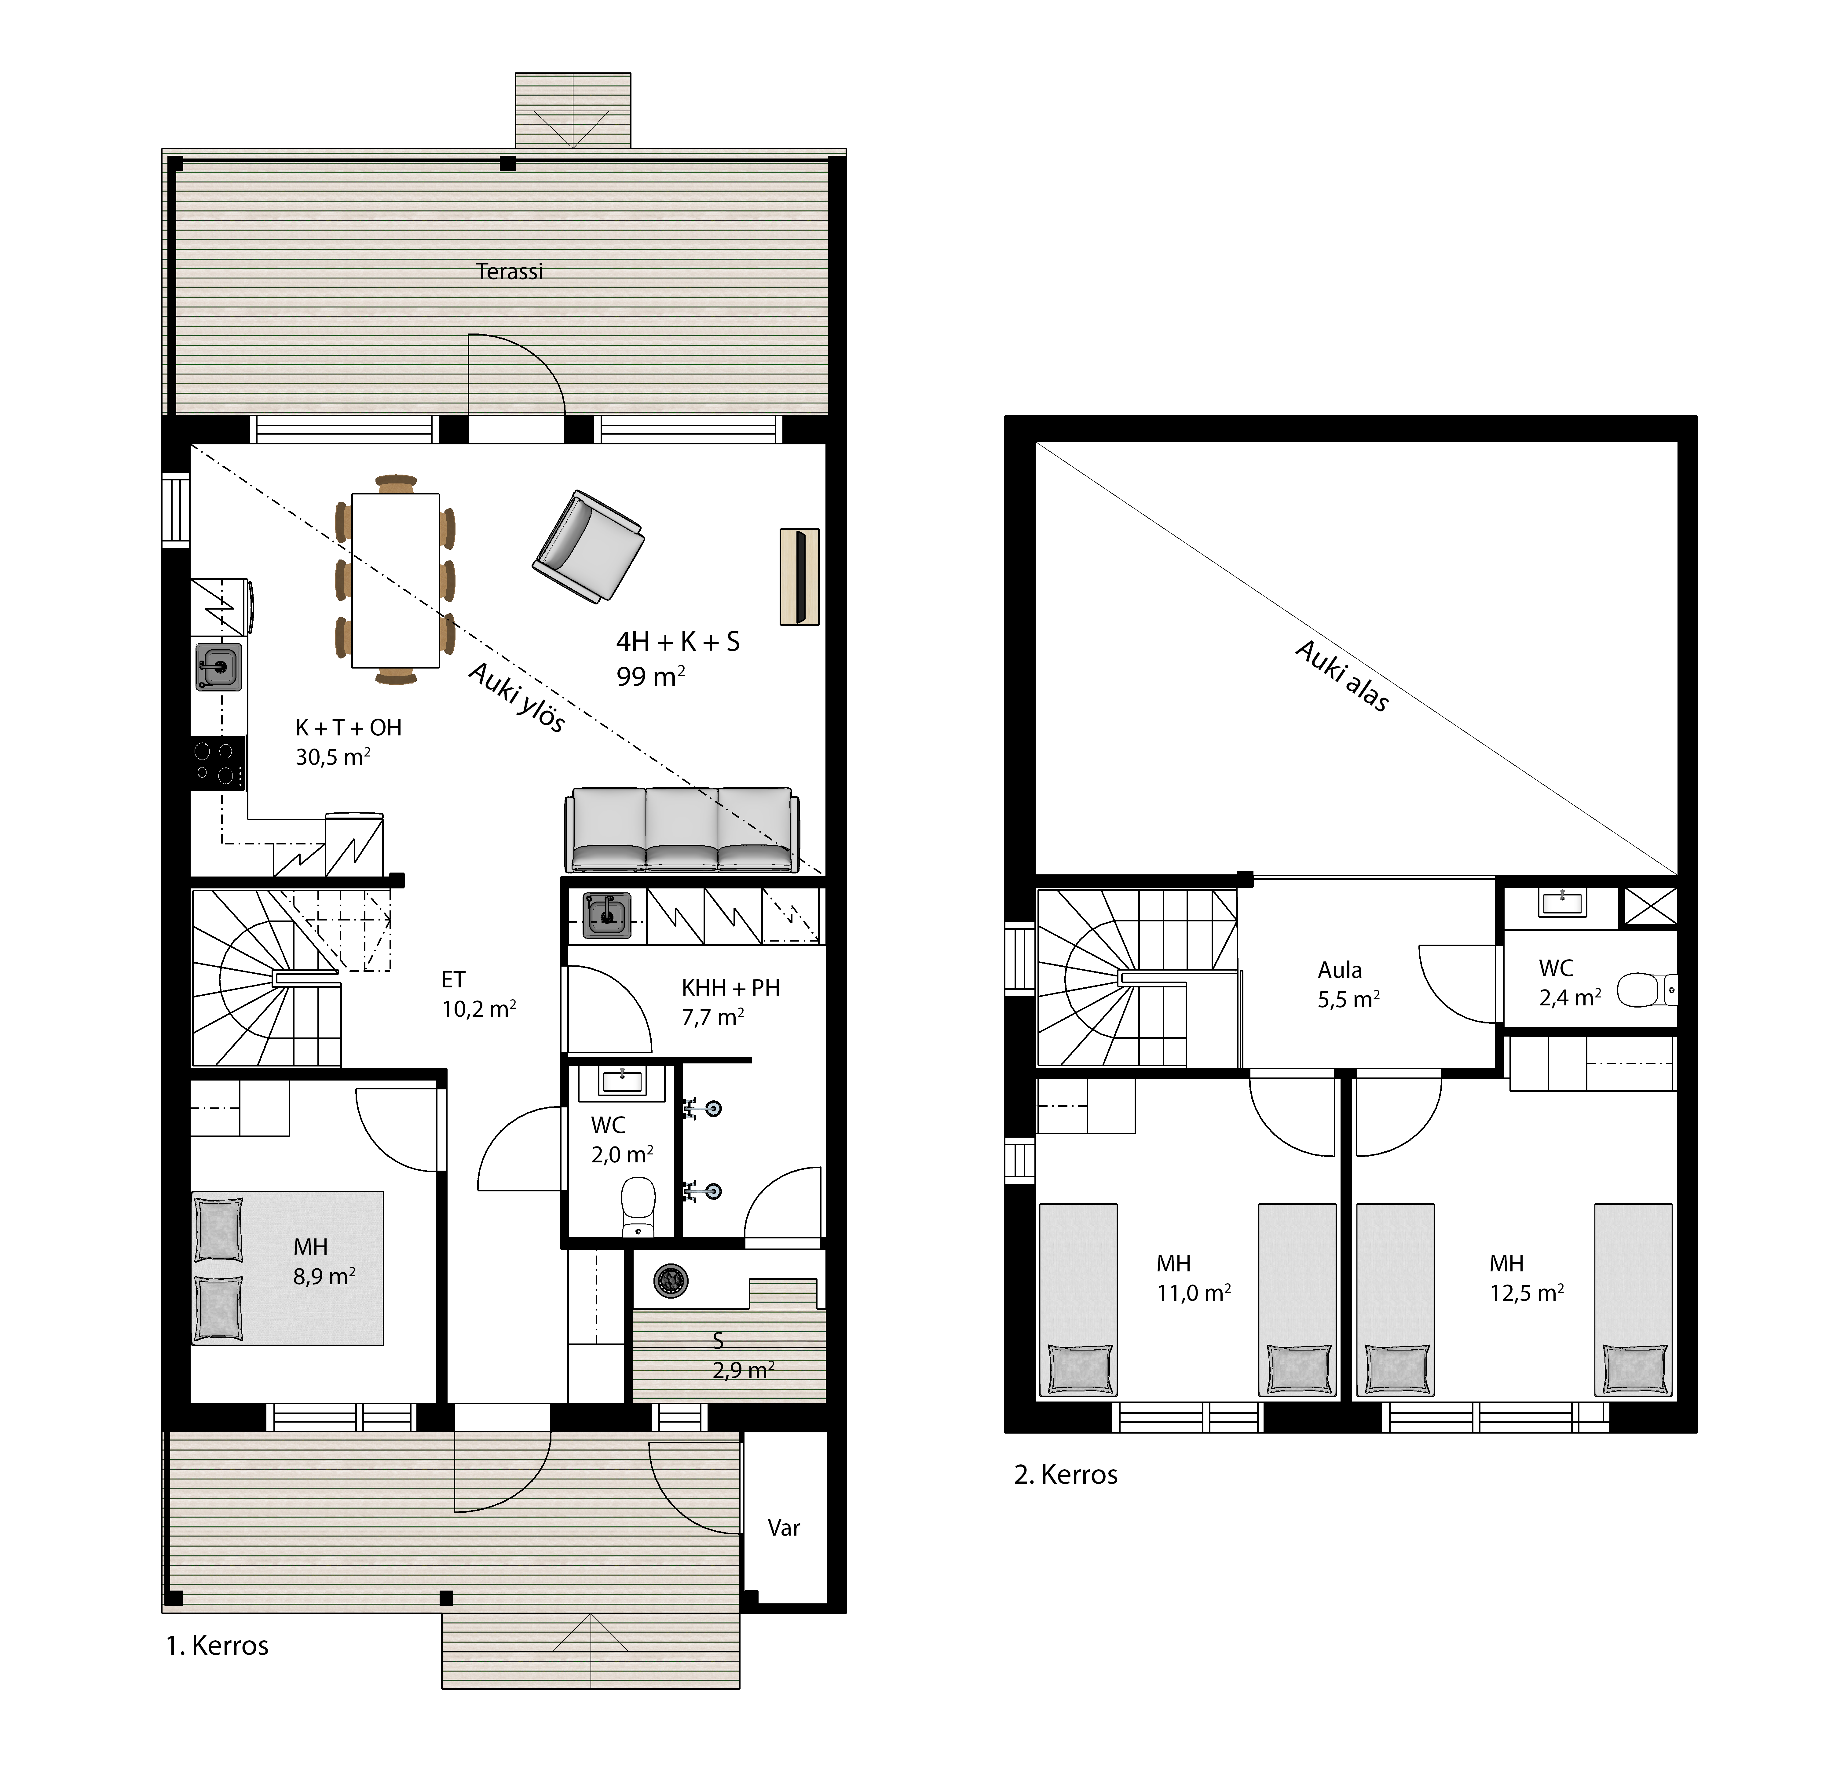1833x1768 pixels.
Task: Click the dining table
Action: coord(396,580)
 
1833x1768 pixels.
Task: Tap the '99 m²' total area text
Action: coord(651,675)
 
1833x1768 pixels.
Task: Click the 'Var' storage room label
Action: coord(784,1528)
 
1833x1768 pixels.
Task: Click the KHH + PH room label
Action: coord(730,987)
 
